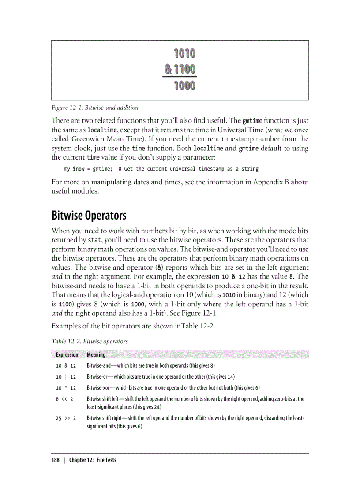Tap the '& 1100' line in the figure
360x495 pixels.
click(180, 70)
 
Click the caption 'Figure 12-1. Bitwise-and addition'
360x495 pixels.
click(95, 108)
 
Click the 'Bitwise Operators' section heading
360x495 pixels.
click(89, 216)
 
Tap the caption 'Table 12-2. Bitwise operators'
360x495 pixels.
click(90, 341)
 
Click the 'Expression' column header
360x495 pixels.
click(67, 355)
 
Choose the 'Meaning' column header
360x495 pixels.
click(96, 355)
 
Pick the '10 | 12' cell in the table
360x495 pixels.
click(66, 377)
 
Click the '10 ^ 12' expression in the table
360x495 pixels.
click(66, 388)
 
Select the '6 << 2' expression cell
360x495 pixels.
click(64, 399)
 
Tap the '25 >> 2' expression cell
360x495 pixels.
click(66, 418)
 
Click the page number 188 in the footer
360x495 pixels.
click(56, 460)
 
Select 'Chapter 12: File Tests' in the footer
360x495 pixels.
click(93, 460)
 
